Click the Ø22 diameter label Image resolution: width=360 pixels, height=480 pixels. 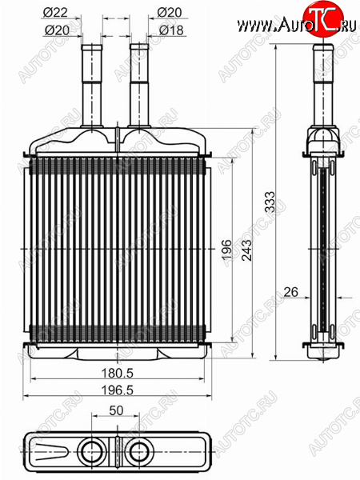tap(55, 13)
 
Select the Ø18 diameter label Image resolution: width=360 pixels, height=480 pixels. tap(171, 30)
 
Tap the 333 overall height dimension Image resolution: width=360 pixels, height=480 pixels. tap(270, 202)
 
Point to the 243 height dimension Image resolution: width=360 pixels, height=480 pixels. tap(247, 250)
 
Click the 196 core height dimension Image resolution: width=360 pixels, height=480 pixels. tap(227, 250)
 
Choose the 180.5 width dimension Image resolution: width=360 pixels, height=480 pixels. tap(118, 373)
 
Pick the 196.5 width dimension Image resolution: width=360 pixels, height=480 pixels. tap(118, 390)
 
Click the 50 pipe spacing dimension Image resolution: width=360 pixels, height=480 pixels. tap(116, 410)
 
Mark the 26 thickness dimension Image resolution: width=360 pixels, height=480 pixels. tap(290, 292)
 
